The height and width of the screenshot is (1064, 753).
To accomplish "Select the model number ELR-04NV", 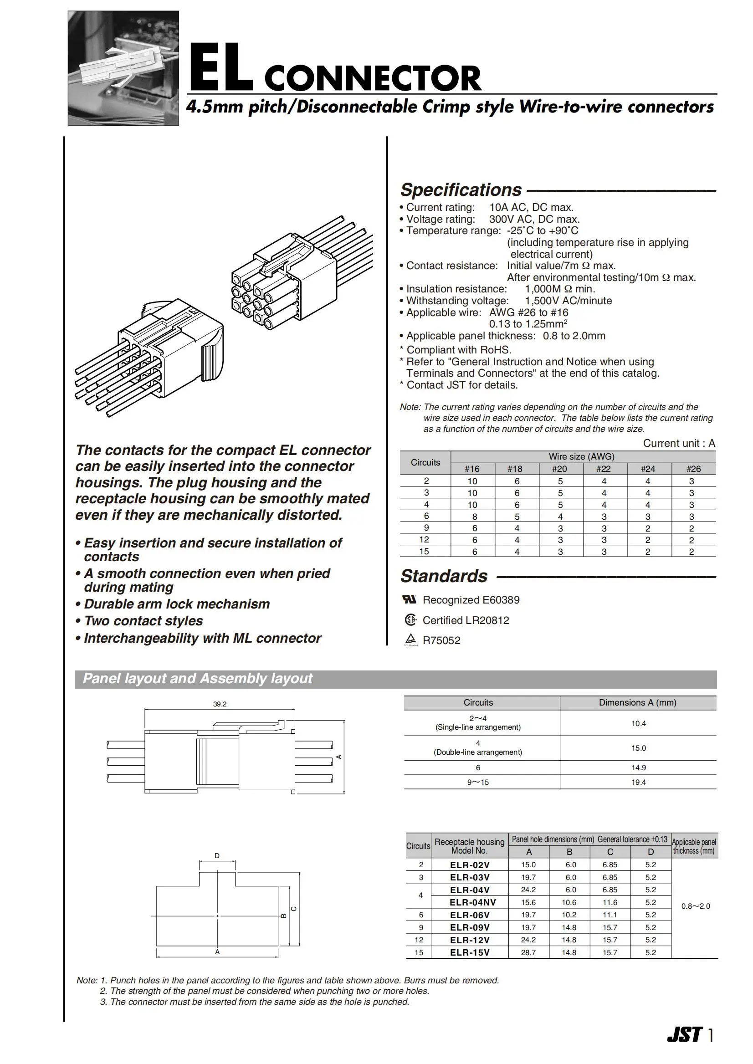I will point(472,903).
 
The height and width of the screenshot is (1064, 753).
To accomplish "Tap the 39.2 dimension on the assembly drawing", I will point(220,704).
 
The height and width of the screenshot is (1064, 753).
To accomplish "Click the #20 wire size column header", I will point(559,469).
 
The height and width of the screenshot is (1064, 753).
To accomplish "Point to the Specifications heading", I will point(461,190).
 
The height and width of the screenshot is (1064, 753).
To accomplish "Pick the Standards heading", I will point(444,576).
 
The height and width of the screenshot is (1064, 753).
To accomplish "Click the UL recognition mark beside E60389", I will point(410,599).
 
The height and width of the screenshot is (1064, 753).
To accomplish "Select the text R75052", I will point(441,641).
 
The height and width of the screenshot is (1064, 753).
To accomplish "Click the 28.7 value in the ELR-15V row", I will point(528,953).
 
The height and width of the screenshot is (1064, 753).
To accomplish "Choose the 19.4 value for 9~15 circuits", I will point(639,782).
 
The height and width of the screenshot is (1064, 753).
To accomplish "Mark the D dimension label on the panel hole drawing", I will point(217,856).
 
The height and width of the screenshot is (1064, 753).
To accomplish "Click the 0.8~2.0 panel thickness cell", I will point(696,906).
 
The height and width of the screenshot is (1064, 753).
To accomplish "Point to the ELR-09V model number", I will point(470,928).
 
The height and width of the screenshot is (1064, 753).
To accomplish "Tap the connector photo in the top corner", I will point(123,68).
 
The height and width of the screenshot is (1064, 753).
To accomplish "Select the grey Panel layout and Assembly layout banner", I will point(395,679).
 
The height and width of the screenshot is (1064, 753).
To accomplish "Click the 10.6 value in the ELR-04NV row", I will point(569,903).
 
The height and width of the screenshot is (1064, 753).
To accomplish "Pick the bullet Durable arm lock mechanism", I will point(177,604).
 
